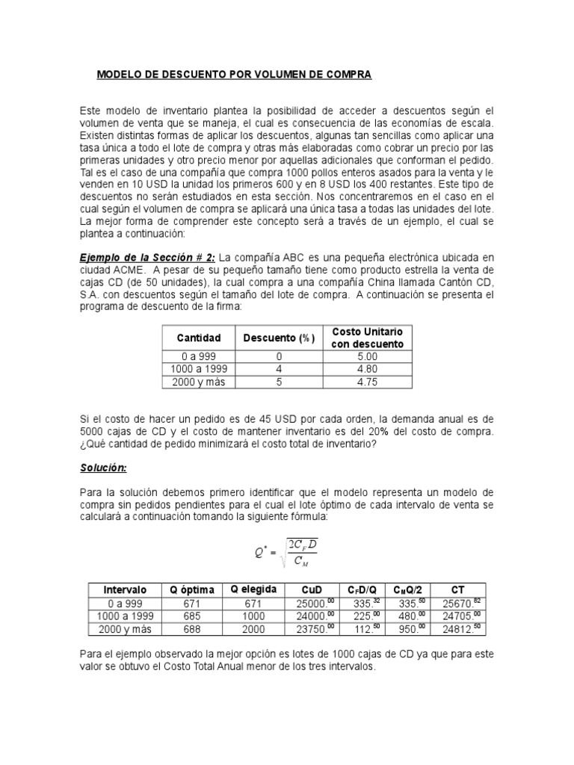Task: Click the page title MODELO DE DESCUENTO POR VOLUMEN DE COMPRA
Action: tap(235, 75)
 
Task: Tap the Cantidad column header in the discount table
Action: tap(199, 338)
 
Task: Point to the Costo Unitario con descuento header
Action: tap(367, 338)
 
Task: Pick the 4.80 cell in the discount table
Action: tap(367, 370)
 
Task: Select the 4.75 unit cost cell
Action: tap(367, 382)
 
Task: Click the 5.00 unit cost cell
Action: tap(367, 357)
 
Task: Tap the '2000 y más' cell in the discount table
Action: tap(199, 382)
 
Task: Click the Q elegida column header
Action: tap(253, 589)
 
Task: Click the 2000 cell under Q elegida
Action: tap(253, 628)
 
